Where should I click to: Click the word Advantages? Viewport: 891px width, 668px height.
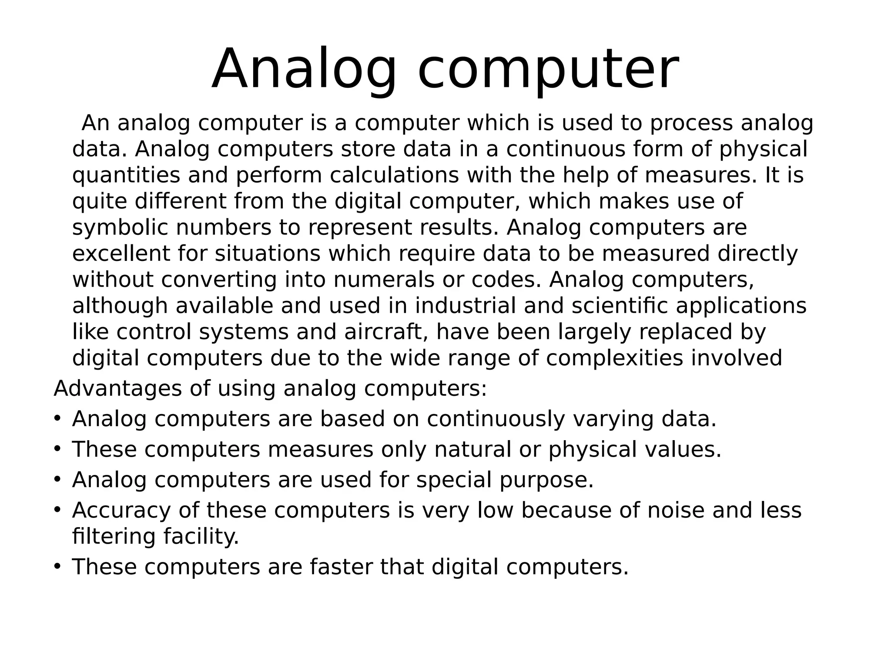tap(117, 388)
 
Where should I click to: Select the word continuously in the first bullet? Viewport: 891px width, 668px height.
tap(496, 419)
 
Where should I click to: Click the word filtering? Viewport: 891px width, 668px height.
tap(114, 536)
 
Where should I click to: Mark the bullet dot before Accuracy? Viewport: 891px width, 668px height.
tap(57, 509)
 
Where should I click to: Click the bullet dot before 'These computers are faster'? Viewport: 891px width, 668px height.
tap(57, 566)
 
